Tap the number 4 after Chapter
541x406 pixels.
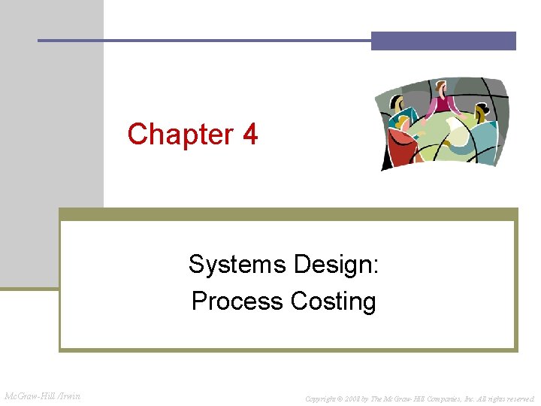click(250, 135)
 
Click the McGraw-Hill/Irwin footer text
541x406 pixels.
click(43, 396)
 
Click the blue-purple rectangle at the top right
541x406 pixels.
click(443, 41)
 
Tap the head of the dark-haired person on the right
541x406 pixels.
click(482, 114)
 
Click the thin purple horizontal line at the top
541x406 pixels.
click(203, 41)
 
